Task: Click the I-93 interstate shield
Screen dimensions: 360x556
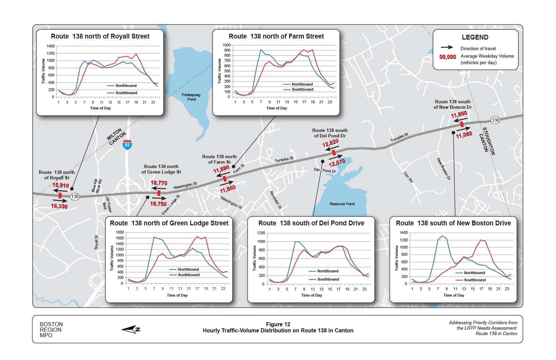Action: (x=127, y=145)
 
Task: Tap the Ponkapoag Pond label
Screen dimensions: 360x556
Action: (x=191, y=97)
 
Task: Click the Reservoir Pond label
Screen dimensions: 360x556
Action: (x=342, y=204)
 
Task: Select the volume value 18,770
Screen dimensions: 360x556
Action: (x=159, y=183)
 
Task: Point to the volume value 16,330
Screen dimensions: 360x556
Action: (x=59, y=206)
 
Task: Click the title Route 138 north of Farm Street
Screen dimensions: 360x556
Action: (x=276, y=36)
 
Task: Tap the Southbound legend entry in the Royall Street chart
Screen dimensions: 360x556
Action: (x=126, y=93)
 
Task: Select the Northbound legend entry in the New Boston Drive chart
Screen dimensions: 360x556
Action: (x=474, y=273)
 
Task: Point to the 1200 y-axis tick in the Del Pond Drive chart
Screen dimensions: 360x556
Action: (x=261, y=233)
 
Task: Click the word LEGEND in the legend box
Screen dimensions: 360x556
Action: (x=475, y=37)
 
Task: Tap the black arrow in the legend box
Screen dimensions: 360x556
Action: (x=447, y=48)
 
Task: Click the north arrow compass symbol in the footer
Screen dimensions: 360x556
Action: (x=131, y=329)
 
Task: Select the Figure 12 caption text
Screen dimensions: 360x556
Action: (x=278, y=325)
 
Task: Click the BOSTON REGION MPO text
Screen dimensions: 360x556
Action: (x=51, y=330)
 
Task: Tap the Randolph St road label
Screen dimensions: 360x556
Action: (x=276, y=200)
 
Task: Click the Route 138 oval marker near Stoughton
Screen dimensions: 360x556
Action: (x=495, y=120)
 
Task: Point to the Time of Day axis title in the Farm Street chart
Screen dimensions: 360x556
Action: (x=276, y=108)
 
